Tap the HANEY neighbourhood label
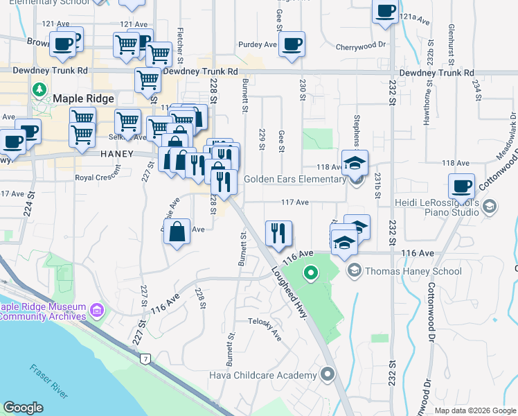[x=116, y=153]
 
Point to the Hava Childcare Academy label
[x=263, y=375]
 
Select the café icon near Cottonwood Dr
[x=461, y=186]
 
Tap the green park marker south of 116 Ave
[x=311, y=274]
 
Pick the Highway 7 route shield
[x=145, y=358]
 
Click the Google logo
[x=23, y=408]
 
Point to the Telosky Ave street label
[x=266, y=327]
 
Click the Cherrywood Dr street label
[x=361, y=45]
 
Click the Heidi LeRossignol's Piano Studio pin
[x=490, y=207]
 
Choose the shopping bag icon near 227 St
[x=177, y=232]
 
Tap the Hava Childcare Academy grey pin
[x=328, y=375]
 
